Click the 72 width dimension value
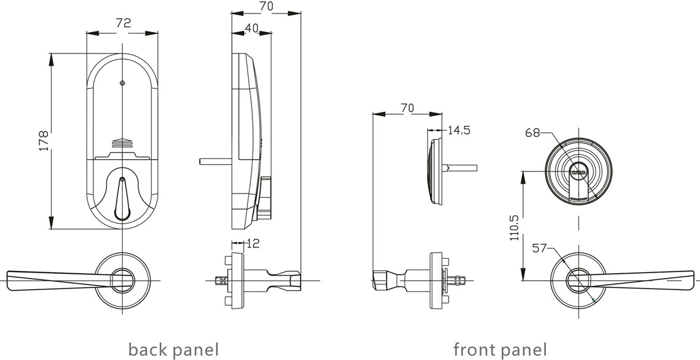pyautogui.click(x=123, y=24)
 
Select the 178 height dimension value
pyautogui.click(x=44, y=141)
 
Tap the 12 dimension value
pyautogui.click(x=252, y=244)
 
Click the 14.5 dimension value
pyautogui.click(x=459, y=130)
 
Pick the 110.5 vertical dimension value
pyautogui.click(x=514, y=227)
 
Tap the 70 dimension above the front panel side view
pyautogui.click(x=406, y=108)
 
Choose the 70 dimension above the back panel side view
pyautogui.click(x=266, y=7)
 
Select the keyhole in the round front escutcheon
pyautogui.click(x=578, y=173)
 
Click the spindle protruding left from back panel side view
pyautogui.click(x=215, y=162)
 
